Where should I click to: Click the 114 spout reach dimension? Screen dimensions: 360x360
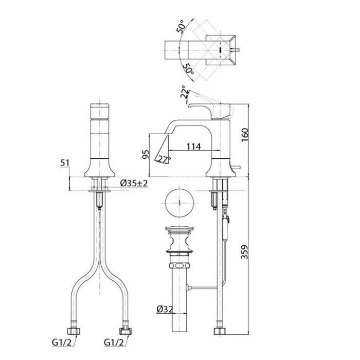tap(193, 147)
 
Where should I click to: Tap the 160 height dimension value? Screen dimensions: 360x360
tap(245, 135)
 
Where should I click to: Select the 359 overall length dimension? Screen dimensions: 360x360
tap(245, 252)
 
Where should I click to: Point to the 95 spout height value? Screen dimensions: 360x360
tap(146, 154)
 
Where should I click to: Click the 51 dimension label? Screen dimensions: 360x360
tap(64, 163)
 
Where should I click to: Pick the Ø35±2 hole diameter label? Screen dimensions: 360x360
tap(134, 183)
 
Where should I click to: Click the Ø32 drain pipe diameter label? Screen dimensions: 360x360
tap(165, 309)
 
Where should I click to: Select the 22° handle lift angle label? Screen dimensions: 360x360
tap(185, 92)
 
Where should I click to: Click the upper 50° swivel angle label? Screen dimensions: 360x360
tap(182, 27)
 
